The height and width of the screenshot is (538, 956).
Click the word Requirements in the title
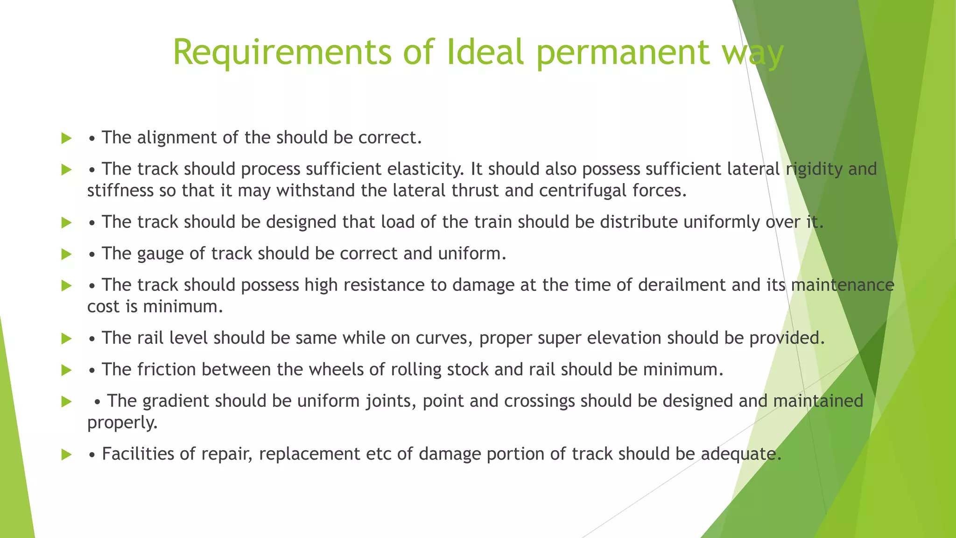282,52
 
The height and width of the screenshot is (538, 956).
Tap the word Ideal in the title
485,52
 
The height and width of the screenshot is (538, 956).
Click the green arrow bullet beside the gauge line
66,255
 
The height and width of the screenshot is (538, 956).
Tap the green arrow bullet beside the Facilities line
66,454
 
